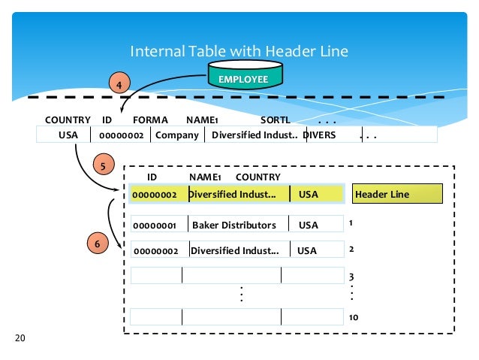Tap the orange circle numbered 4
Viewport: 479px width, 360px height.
[x=119, y=84]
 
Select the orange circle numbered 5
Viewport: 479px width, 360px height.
[x=102, y=163]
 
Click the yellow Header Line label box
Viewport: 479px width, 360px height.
[x=397, y=194]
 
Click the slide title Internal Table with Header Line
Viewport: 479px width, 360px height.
[x=239, y=51]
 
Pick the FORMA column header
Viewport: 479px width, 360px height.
[x=150, y=120]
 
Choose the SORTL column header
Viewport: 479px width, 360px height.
[x=275, y=120]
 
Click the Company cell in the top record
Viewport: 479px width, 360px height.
[x=177, y=135]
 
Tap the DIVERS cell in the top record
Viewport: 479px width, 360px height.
[x=320, y=135]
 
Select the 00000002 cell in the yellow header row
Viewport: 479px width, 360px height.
[x=155, y=195]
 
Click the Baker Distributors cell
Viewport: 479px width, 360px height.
[x=233, y=225]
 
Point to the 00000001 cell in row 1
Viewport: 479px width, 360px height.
[x=155, y=225]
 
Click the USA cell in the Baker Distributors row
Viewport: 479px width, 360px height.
[x=309, y=225]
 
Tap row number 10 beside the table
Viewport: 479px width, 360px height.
[x=353, y=318]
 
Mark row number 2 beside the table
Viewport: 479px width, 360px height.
[x=351, y=249]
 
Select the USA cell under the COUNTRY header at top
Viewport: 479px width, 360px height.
[x=68, y=135]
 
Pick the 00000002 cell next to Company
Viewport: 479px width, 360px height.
[x=121, y=136]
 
